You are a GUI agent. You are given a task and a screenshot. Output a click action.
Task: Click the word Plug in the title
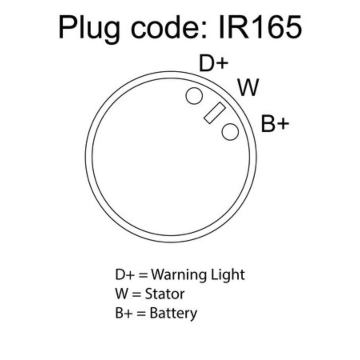pos(89,29)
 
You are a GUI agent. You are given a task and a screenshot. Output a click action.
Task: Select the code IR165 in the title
pos(260,27)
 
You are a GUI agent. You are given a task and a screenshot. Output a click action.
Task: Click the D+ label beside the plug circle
pos(214,63)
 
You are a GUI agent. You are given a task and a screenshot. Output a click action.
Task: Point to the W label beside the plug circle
pos(249,87)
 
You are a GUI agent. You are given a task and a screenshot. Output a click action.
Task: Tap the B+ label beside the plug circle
pos(275,124)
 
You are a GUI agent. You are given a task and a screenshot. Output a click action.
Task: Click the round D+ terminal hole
pos(194,96)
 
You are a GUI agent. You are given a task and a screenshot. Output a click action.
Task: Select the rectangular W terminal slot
pos(215,113)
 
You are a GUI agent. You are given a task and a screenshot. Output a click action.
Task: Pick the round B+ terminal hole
pos(230,132)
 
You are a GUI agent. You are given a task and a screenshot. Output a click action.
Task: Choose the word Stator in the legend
pos(165,294)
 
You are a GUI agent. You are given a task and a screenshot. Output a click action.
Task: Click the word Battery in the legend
pos(173,313)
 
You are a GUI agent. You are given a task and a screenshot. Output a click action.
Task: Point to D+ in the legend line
pos(125,274)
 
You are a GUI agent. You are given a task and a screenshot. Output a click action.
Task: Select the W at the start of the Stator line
pos(122,294)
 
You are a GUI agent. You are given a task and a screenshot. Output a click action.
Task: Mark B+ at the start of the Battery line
pos(124,313)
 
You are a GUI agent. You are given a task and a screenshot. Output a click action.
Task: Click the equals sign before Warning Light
pos(143,275)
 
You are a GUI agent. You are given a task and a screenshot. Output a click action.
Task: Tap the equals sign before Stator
pos(137,294)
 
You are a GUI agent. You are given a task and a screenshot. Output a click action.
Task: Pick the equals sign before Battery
pos(141,313)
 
